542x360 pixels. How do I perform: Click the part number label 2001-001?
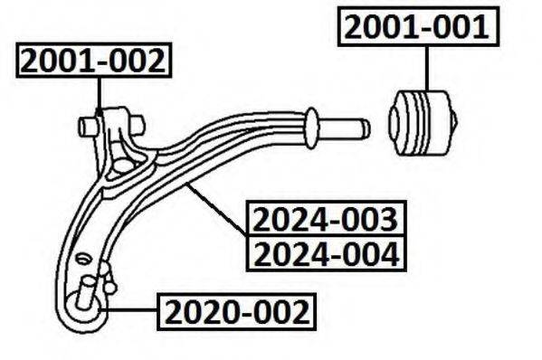click(x=417, y=29)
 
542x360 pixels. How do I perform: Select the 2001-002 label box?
click(x=94, y=61)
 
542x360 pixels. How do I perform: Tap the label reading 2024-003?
click(x=324, y=220)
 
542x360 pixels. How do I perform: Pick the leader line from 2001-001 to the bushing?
click(x=425, y=68)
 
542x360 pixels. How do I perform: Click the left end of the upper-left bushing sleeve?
click(x=84, y=127)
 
